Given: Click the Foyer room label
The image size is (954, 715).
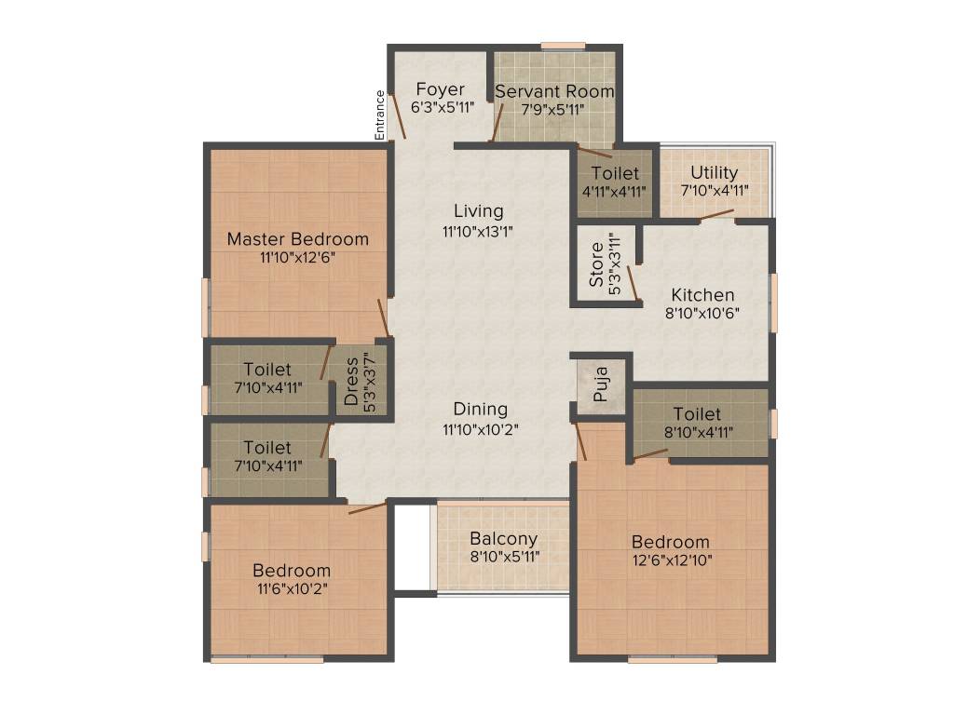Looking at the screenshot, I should pos(440,89).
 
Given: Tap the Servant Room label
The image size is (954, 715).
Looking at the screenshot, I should pos(554,91).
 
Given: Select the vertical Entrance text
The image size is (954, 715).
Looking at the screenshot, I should pos(379,115).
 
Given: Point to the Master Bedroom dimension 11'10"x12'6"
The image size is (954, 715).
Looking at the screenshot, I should pos(297,258).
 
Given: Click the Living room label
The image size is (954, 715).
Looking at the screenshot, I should pos(479,211).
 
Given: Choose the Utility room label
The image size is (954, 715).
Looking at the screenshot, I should pos(715,172).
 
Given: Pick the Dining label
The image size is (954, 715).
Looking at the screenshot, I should pos(481,410).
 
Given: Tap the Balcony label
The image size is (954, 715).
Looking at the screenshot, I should pos(503,539).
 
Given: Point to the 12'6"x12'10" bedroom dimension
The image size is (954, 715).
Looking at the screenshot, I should pos(670,560).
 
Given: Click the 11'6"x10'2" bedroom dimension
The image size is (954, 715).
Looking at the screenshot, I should pos(292,588).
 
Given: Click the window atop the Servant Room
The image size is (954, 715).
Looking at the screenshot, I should pos(563,46).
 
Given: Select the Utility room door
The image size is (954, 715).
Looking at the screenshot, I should pos(716,215).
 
